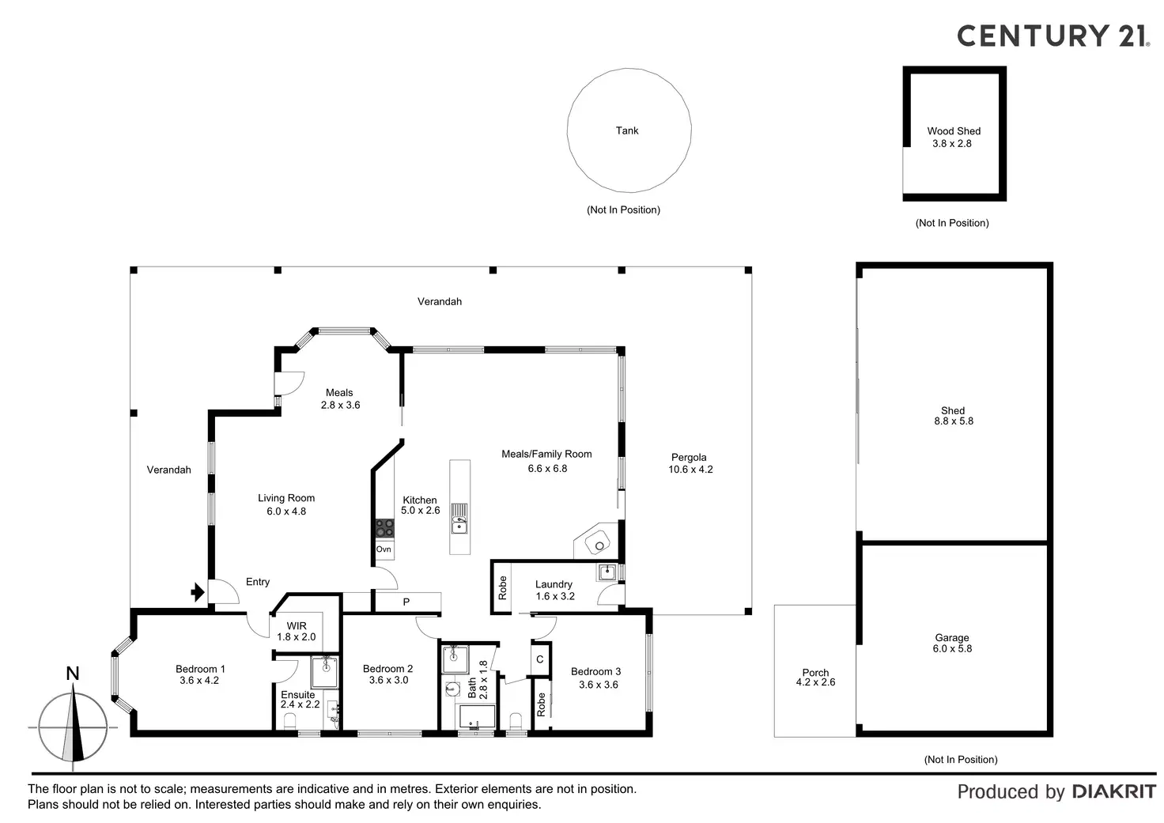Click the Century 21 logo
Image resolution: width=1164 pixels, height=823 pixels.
coord(1053,36)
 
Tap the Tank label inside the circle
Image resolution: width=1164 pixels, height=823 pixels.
coord(627,130)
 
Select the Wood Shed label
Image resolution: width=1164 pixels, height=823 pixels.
coord(954,131)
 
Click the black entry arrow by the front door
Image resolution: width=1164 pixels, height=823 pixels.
coord(196,591)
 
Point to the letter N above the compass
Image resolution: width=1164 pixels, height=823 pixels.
coord(73,674)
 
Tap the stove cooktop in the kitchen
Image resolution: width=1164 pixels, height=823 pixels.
coord(384,527)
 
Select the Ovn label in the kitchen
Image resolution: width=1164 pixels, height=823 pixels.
coord(384,549)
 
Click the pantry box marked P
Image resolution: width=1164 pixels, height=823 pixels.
coord(406,602)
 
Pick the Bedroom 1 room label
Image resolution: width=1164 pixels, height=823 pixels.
coord(200,669)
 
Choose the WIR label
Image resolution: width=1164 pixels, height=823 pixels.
coord(297,626)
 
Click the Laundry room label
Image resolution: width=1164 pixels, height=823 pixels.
coord(554,584)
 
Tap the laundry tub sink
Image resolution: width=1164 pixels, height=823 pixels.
coord(607,572)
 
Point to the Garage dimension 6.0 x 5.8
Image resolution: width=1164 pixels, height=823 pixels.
coord(952,649)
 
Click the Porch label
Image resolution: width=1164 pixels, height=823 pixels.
coord(815,673)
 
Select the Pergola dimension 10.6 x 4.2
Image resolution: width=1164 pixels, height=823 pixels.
coord(690,470)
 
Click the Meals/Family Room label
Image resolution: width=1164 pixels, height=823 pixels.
coord(546,454)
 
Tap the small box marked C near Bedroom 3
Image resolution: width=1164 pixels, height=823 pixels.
coord(540,659)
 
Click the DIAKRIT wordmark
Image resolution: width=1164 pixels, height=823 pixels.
coord(1113,791)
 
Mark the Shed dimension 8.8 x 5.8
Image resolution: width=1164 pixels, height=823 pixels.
coord(954,421)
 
